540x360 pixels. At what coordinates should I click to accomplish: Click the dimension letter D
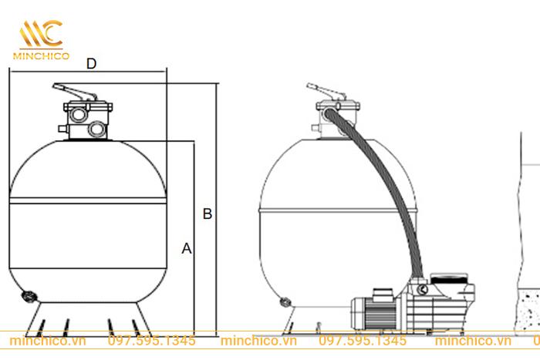click(x=91, y=64)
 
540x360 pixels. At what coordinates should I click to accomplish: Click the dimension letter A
click(x=187, y=248)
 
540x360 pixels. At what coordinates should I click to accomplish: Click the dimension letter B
click(x=208, y=214)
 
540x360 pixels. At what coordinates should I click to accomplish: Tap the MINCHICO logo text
click(x=42, y=56)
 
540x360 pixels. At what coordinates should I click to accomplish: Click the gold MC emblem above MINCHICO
click(x=42, y=33)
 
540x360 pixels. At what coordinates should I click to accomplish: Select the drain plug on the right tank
click(x=285, y=302)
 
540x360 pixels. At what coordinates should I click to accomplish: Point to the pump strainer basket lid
click(x=449, y=278)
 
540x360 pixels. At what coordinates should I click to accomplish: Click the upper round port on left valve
click(x=78, y=114)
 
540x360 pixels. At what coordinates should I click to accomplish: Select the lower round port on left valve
click(x=96, y=129)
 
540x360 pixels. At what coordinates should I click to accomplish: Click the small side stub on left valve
click(x=63, y=129)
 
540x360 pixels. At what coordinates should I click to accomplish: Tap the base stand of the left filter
click(x=89, y=319)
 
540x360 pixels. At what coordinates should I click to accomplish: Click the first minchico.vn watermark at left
click(x=48, y=341)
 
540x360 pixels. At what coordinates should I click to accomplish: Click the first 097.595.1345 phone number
click(x=151, y=341)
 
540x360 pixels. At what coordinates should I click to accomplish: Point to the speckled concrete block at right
click(x=528, y=311)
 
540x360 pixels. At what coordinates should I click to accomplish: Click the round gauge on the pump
click(x=423, y=289)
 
